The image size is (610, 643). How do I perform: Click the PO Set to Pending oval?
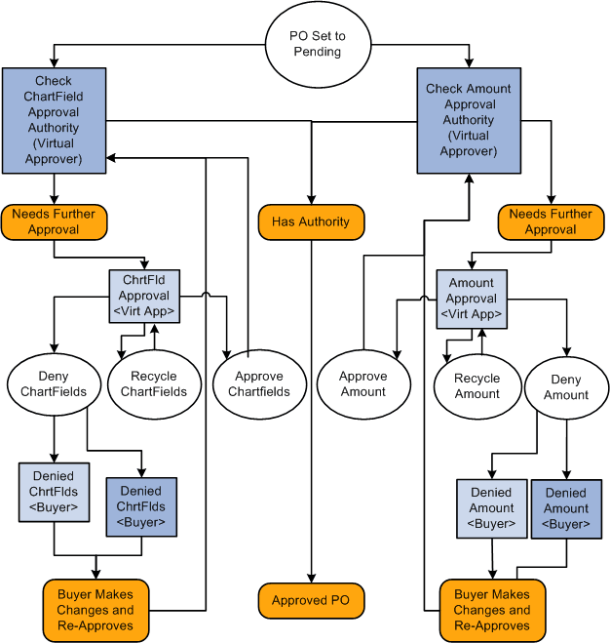click(x=317, y=44)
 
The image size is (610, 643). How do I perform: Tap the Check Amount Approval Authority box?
click(x=469, y=120)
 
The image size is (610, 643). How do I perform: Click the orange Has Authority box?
click(x=311, y=222)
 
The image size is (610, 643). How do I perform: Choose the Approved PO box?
click(x=311, y=601)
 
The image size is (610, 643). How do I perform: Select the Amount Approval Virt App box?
click(x=472, y=299)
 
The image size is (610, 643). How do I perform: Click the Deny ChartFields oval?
click(x=54, y=383)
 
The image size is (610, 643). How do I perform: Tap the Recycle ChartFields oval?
click(x=154, y=383)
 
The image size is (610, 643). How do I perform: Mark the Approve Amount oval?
click(x=362, y=383)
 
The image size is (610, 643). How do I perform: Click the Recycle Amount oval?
click(x=477, y=385)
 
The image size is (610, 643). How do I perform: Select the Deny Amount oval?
click(x=566, y=387)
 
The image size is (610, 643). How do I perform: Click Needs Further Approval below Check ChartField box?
click(x=54, y=222)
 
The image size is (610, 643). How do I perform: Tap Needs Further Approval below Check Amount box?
click(x=551, y=222)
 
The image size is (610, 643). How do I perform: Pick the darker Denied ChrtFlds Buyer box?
click(x=141, y=506)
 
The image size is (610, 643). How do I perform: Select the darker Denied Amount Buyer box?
click(x=566, y=508)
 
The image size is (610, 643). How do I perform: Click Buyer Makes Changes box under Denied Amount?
click(x=492, y=610)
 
